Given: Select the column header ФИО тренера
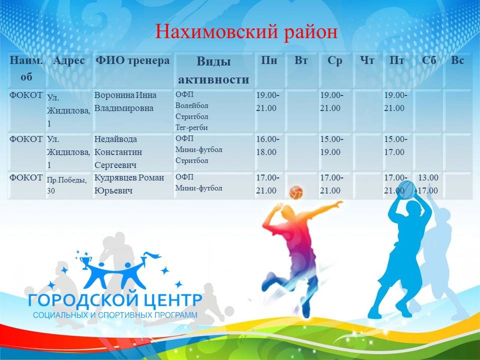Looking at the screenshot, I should click(133, 61).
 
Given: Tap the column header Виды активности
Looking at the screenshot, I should click(213, 70).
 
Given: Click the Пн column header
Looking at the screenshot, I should click(269, 61).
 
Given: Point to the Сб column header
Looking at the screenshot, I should click(429, 61).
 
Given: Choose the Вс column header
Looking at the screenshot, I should click(457, 61).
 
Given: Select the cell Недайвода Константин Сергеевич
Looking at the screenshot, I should click(118, 151).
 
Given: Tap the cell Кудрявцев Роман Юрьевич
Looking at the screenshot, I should click(129, 183).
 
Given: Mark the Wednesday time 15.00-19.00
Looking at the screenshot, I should click(331, 145).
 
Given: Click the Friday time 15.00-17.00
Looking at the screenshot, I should click(395, 145).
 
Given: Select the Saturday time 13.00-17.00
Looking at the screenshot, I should click(428, 183).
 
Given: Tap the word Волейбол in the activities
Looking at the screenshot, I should click(192, 105).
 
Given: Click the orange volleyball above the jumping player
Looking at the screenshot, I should click(296, 191).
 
